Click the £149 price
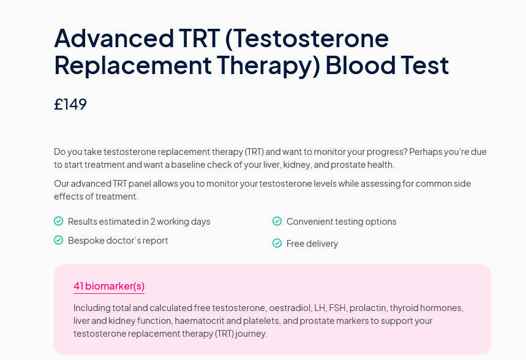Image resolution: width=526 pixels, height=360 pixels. (x=70, y=104)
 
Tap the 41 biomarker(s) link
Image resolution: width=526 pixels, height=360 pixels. (x=109, y=286)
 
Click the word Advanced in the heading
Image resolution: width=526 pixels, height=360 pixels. (x=114, y=38)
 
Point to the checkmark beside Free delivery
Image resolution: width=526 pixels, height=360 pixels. (x=277, y=243)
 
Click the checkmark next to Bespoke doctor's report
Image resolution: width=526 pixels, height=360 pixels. (x=58, y=240)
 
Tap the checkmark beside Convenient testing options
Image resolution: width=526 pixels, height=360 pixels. (x=277, y=221)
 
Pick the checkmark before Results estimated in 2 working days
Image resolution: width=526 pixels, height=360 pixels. (x=58, y=221)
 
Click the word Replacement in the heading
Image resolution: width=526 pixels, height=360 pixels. (x=133, y=65)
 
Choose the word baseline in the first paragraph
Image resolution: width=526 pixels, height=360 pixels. (x=188, y=165)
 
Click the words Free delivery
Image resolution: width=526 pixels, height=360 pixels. (x=312, y=243)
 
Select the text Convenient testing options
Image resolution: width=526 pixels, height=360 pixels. (x=342, y=222)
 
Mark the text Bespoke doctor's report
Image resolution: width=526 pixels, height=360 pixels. (x=118, y=241)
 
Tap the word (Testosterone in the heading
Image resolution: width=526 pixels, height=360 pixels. (x=307, y=38)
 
